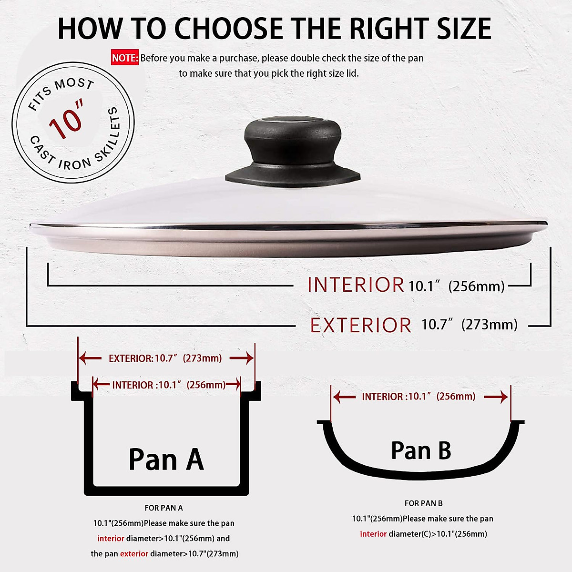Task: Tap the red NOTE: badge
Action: tap(125, 58)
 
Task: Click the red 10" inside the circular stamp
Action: tap(67, 120)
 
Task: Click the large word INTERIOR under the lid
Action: tap(356, 285)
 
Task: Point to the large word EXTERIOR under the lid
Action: tap(360, 326)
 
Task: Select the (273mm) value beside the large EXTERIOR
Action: tap(490, 325)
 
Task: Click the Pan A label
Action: tap(166, 460)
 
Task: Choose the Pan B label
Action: tap(421, 450)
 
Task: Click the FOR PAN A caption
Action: tap(163, 508)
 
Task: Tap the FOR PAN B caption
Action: tap(423, 503)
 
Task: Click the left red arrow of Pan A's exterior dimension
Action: tap(90, 358)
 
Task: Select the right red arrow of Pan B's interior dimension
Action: tap(497, 397)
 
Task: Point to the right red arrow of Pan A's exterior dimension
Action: tap(242, 358)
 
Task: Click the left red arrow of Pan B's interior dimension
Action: tap(344, 397)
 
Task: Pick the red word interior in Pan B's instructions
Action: tap(373, 534)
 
